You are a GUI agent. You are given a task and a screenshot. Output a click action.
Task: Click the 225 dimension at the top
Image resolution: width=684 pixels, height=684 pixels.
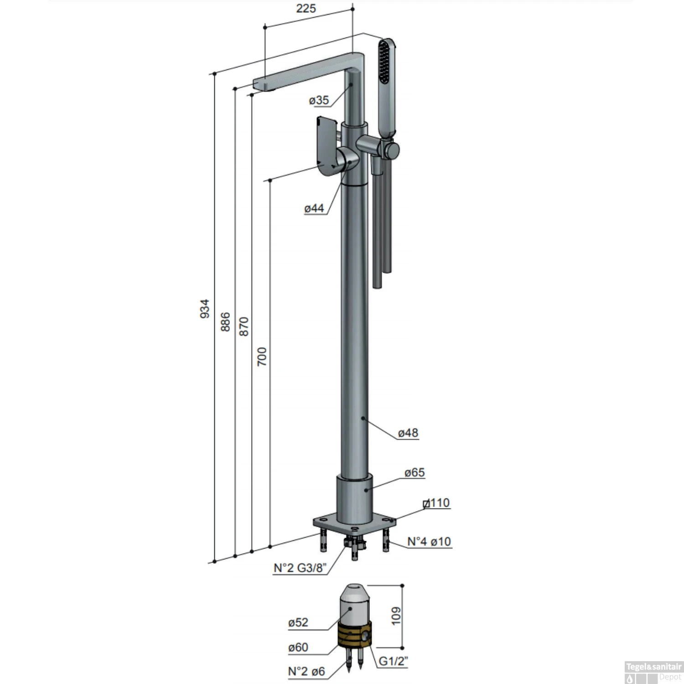(306, 9)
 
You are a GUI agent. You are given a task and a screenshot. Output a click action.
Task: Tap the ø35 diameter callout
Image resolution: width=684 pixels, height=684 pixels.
(319, 100)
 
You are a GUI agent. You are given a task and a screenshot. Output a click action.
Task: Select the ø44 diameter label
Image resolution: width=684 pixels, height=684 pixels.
(314, 208)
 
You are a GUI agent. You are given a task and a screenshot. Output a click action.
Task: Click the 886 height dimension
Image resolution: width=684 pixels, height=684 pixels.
(225, 322)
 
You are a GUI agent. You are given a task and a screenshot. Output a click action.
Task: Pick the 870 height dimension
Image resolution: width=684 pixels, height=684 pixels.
(244, 326)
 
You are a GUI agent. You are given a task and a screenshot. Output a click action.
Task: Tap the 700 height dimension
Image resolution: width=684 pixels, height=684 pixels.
(262, 357)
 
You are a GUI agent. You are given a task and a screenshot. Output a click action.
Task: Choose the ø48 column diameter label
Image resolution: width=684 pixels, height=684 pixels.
(408, 433)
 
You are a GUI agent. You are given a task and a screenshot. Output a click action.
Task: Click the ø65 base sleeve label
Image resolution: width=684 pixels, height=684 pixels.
(415, 472)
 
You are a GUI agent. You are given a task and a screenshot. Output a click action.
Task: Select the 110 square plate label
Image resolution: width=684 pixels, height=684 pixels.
(436, 503)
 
